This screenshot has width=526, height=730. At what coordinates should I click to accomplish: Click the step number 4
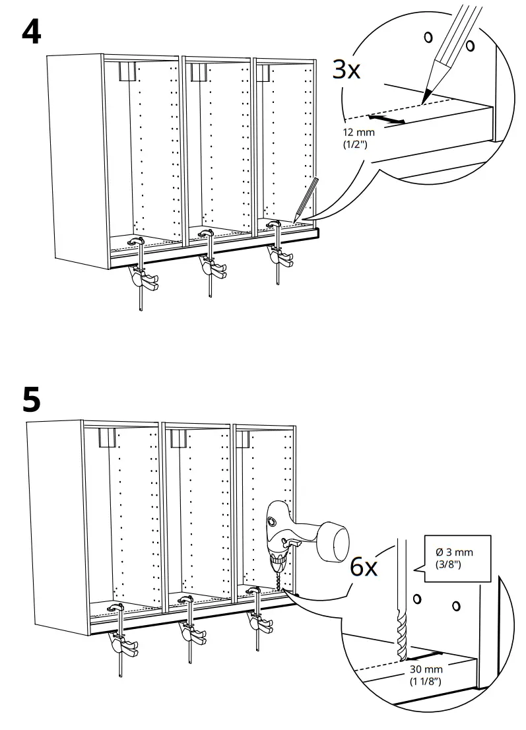[x=31, y=31]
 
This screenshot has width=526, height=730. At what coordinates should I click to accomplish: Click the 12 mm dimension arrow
[x=387, y=119]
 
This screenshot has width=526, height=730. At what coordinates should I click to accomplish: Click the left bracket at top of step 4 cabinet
[x=127, y=71]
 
